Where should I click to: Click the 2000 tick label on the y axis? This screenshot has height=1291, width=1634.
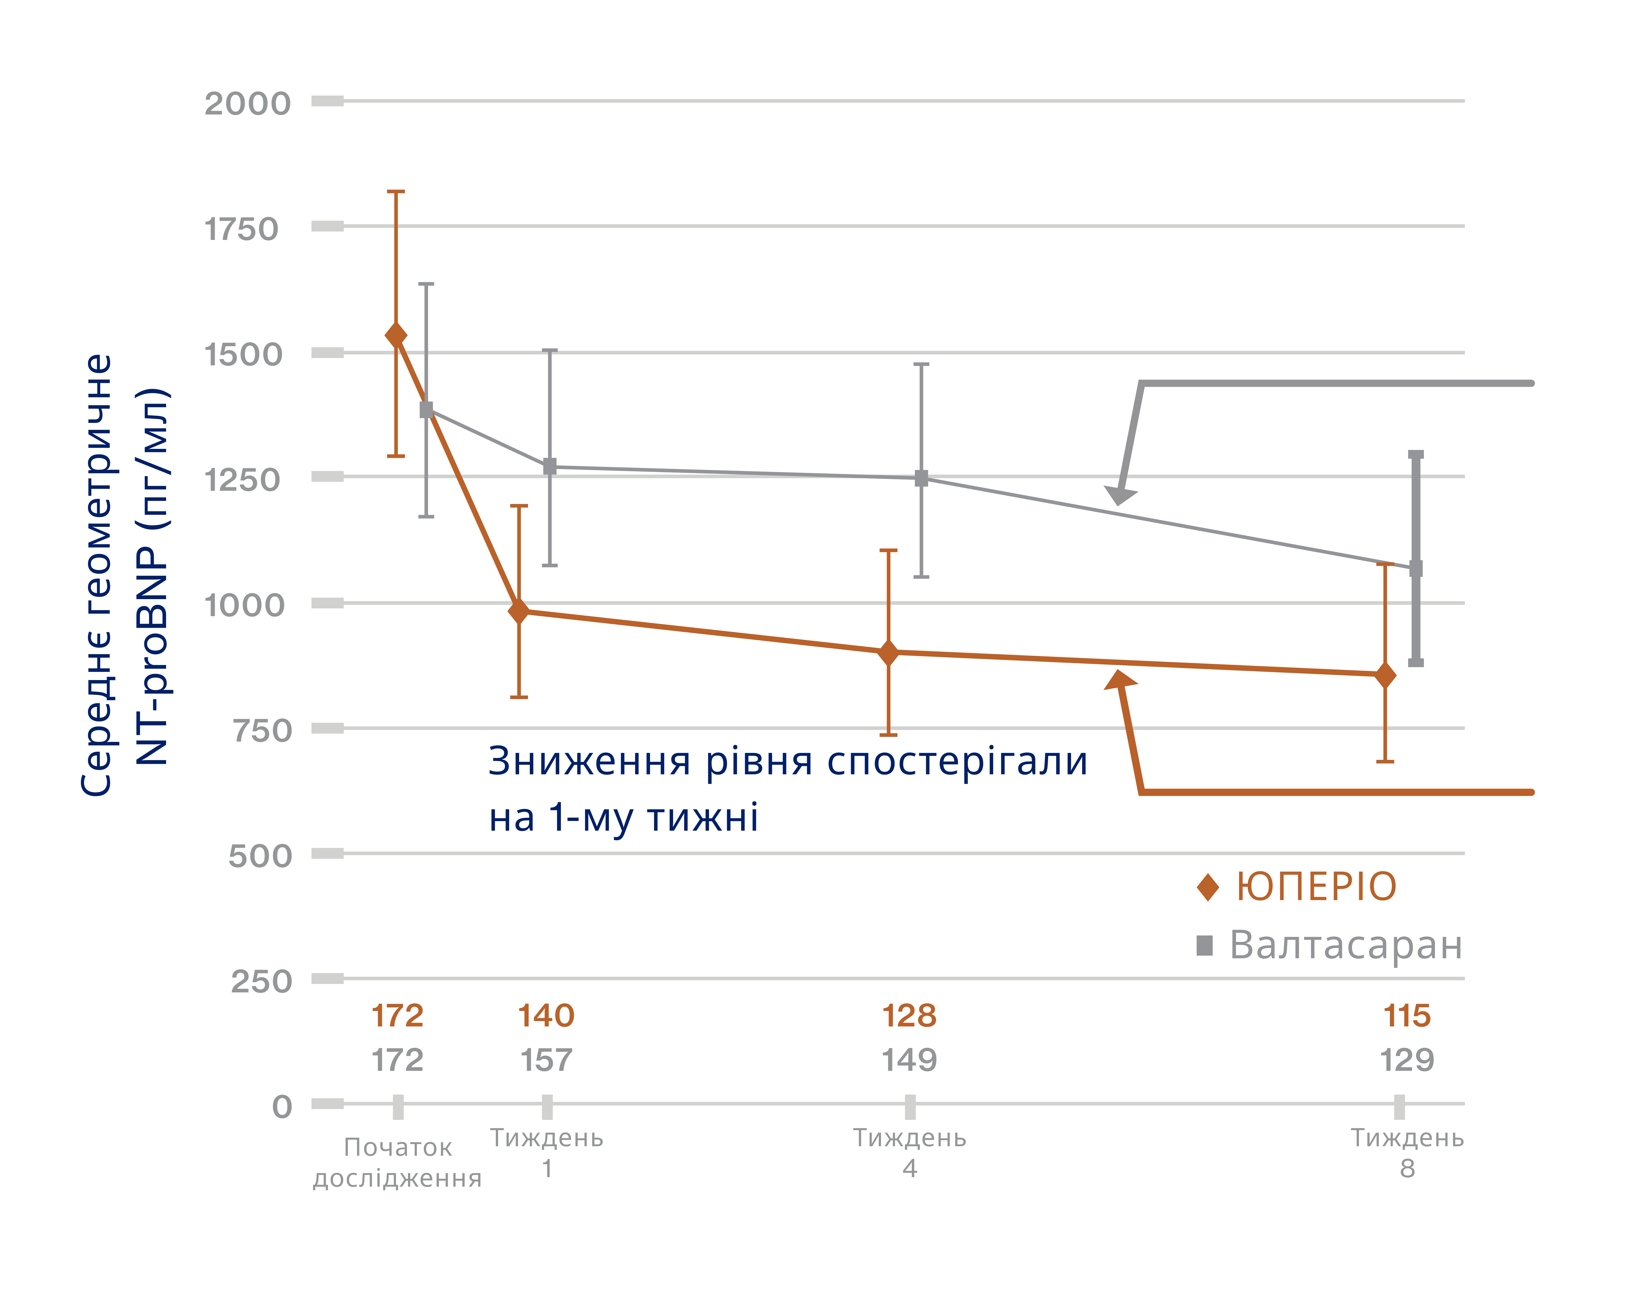247,104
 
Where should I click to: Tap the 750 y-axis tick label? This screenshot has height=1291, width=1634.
261,731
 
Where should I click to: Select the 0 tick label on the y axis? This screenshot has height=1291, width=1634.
282,1107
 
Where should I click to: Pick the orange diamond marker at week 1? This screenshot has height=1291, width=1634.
518,611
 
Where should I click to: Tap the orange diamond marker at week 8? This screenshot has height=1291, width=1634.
1385,675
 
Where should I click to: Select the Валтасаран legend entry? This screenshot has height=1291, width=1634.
1330,945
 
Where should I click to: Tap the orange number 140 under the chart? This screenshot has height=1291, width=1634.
546,1016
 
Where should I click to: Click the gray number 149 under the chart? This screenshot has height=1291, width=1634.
909,1061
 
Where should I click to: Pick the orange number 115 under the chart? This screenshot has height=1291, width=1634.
1407,1016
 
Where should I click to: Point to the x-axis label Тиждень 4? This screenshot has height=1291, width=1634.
909,1153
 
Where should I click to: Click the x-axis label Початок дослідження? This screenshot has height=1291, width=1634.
397,1163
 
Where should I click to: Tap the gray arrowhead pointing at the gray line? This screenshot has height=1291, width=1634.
1120,494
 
